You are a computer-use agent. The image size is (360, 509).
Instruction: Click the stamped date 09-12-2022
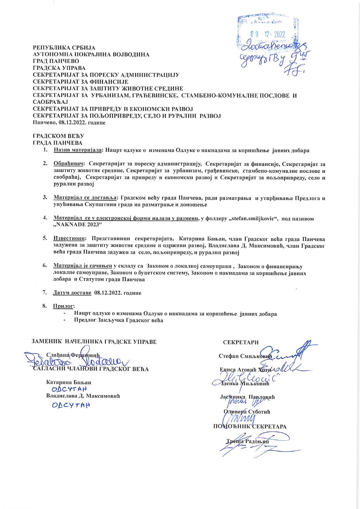tap(267, 34)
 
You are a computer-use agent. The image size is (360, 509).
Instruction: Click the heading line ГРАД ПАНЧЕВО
tap(56, 61)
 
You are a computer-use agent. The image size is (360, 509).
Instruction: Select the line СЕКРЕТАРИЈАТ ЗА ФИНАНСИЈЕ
tap(81, 82)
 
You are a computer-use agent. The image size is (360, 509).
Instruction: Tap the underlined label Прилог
tap(64, 306)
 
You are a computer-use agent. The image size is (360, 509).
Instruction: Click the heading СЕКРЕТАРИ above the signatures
tap(241, 342)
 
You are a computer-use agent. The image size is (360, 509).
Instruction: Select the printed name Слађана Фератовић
tap(73, 355)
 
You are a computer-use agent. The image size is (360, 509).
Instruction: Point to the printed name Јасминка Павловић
tap(247, 397)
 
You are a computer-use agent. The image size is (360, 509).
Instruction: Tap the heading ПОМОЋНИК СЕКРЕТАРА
tap(250, 426)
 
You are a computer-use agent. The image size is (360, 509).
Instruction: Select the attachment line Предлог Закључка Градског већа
tap(118, 320)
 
